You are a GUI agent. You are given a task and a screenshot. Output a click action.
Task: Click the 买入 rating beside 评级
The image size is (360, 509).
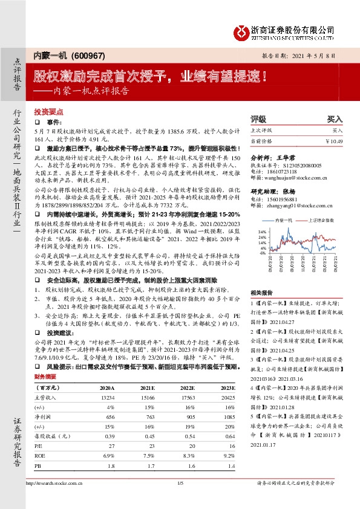pos(335,120)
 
